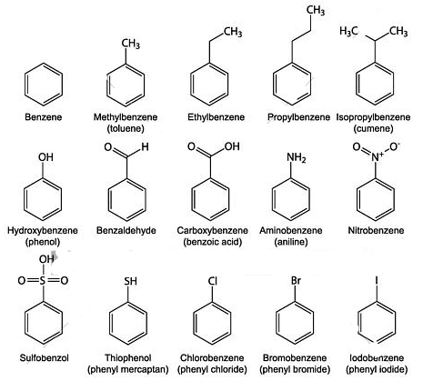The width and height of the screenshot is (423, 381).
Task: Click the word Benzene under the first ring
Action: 44,117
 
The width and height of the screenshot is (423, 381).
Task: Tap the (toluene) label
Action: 126,128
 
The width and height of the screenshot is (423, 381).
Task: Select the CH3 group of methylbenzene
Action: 131,44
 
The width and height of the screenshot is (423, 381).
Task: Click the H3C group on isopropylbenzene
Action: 348,31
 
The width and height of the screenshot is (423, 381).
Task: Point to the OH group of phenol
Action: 45,157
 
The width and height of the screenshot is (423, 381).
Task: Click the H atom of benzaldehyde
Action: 145,147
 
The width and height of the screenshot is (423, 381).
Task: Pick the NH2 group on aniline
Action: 297,157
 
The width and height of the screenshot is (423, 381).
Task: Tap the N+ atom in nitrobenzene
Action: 378,156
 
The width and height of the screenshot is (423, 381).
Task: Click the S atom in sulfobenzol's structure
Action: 43,281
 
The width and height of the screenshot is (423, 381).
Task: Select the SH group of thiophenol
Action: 130,281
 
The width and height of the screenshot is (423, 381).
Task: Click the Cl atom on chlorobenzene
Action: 212,281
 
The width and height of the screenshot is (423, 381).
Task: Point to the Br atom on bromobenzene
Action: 296,281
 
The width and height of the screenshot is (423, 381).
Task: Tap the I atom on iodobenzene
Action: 377,280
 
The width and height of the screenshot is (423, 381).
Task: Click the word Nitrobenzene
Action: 376,230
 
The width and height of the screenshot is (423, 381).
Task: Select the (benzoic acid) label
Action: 212,242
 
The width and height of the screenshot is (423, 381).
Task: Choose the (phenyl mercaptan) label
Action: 128,369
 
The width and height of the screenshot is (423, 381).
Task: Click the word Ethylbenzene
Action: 216,117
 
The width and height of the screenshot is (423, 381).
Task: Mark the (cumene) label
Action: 373,128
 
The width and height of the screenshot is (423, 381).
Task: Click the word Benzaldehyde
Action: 126,230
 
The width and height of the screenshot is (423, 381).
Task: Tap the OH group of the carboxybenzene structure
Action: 232,146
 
